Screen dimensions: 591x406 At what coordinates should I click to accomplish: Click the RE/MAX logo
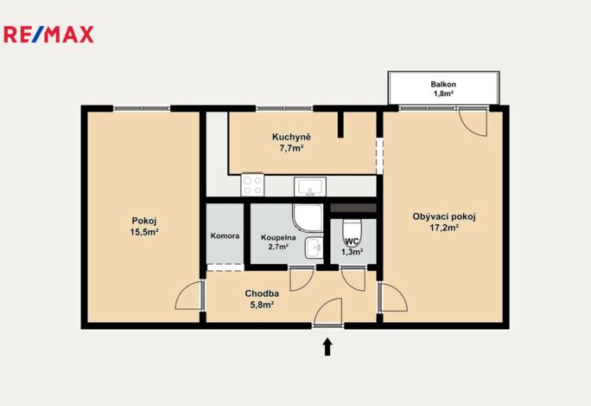click(48, 35)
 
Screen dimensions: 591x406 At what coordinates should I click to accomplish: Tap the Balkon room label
click(443, 84)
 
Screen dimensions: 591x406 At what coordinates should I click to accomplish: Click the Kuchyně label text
click(291, 137)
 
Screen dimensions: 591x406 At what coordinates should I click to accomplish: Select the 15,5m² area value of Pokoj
click(144, 232)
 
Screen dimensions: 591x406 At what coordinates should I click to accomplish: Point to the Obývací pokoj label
click(444, 216)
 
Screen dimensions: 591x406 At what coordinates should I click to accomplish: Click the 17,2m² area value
click(444, 228)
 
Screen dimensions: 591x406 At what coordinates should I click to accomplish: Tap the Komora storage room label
click(225, 236)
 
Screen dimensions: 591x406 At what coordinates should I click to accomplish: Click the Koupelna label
click(278, 238)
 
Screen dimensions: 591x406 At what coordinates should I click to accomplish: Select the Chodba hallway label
click(262, 293)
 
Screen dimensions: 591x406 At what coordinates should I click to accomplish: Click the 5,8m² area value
click(262, 305)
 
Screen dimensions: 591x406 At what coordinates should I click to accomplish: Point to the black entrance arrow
click(327, 346)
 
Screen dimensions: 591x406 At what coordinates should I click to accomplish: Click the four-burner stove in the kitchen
click(252, 184)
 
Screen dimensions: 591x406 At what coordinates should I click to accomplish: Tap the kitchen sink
click(310, 187)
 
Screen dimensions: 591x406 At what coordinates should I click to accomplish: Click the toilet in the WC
click(353, 232)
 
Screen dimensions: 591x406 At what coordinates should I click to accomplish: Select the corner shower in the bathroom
click(308, 218)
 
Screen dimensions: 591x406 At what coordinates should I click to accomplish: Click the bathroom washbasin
click(314, 248)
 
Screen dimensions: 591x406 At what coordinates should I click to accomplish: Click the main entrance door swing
click(327, 312)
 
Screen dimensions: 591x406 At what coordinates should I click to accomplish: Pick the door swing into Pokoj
click(189, 296)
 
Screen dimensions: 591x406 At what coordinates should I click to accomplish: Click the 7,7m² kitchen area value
click(291, 148)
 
